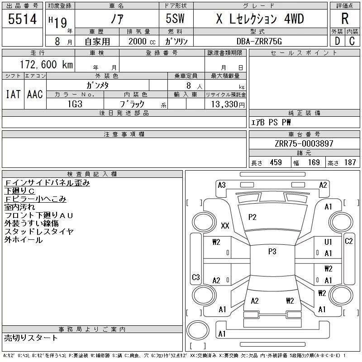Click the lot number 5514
point(22,19)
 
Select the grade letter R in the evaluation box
point(345,19)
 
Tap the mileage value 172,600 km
point(47,64)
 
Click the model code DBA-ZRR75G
point(259,41)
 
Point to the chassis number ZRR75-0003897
point(304,143)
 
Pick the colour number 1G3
point(75,104)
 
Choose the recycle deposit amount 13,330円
point(228,105)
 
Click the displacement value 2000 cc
point(142,42)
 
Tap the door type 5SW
point(175,19)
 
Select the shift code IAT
point(13,94)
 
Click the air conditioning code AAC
point(35,94)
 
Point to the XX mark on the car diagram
point(225,225)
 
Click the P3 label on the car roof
point(272,252)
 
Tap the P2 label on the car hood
point(252,217)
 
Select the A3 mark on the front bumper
point(222,185)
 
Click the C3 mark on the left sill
point(196,277)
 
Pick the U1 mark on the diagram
point(328,242)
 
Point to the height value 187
point(350,162)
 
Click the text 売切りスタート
point(31,338)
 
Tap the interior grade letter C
point(352,41)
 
